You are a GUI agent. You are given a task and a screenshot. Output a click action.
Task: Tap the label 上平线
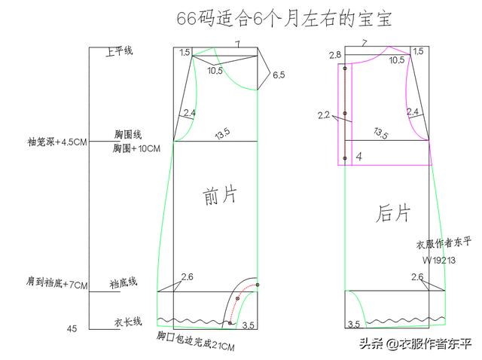120,51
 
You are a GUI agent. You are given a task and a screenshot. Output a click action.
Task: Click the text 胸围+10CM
136,149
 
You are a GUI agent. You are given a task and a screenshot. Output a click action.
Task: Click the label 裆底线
123,282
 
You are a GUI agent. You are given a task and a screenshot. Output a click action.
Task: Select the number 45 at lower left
72,328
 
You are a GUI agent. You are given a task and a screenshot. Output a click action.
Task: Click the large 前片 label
219,197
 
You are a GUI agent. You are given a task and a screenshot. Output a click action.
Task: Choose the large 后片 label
392,213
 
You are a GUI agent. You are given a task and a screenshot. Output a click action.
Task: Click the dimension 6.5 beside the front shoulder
279,75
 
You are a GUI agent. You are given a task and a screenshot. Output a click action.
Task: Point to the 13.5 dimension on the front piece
221,134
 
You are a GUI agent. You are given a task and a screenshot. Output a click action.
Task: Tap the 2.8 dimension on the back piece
335,55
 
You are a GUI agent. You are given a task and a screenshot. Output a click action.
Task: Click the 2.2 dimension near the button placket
324,115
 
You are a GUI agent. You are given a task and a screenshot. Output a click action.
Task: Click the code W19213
438,259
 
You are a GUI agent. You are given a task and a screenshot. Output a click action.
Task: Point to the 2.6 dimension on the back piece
417,278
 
